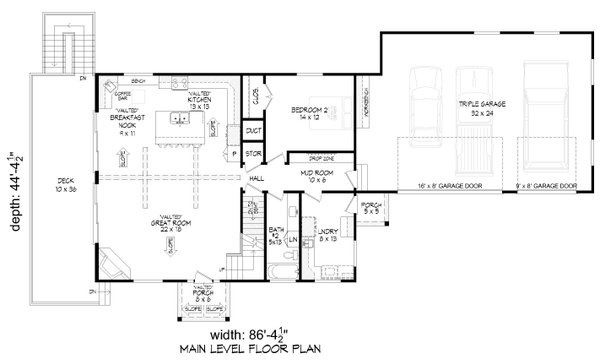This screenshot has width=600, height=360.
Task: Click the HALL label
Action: point(256,178)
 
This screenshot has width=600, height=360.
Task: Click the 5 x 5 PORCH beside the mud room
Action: point(370,209)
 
